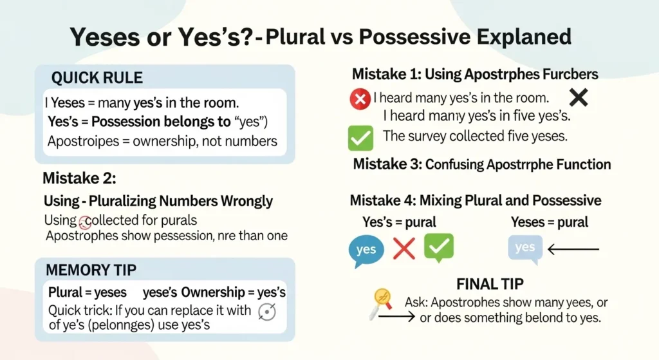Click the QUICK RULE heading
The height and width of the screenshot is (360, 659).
[x=97, y=78]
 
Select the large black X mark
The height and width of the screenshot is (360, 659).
[x=579, y=97]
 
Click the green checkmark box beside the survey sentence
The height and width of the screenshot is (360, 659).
[x=360, y=137]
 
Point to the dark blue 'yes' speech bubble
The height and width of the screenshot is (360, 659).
[x=366, y=249]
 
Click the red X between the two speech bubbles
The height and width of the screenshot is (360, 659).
[x=404, y=248]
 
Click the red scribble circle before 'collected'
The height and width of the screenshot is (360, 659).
[x=85, y=222]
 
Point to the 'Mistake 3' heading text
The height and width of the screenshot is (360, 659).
[x=481, y=164]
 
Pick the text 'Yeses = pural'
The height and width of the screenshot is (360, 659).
[x=549, y=222]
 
